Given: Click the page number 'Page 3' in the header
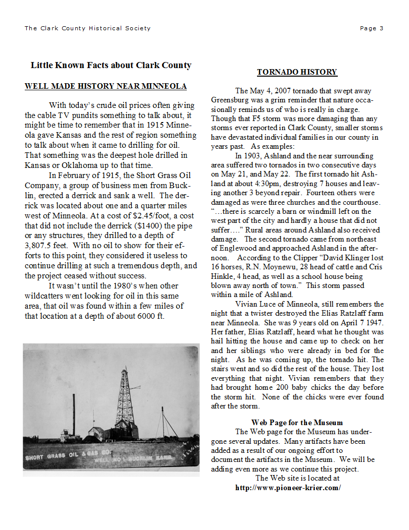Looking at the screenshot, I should [x=372, y=28].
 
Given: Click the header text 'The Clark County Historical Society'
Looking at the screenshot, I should [x=87, y=28].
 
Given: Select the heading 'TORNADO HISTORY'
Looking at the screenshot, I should [x=297, y=72].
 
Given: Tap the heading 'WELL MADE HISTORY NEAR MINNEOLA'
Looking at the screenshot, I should [x=106, y=86].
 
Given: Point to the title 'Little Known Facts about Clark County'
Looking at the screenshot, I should [x=111, y=65].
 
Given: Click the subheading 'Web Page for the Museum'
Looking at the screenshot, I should [x=297, y=423].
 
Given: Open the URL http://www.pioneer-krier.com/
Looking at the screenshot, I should [x=288, y=488].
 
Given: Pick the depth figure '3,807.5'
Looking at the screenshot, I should [x=39, y=247].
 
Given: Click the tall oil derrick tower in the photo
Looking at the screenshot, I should [x=127, y=398].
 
